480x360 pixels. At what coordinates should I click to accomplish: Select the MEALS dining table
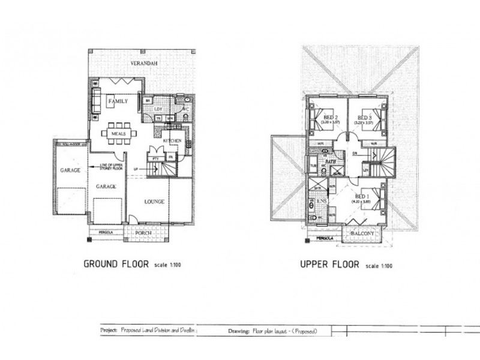pos(118,133)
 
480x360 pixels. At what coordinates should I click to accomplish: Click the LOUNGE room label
pos(155,203)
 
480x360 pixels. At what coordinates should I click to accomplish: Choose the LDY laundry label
pos(159,109)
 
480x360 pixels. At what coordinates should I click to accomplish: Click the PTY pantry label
pos(155,157)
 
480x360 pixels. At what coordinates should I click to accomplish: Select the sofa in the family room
pos(96,97)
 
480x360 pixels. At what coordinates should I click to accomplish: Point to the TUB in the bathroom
pos(313,164)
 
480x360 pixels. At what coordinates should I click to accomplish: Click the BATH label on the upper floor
pos(330,162)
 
